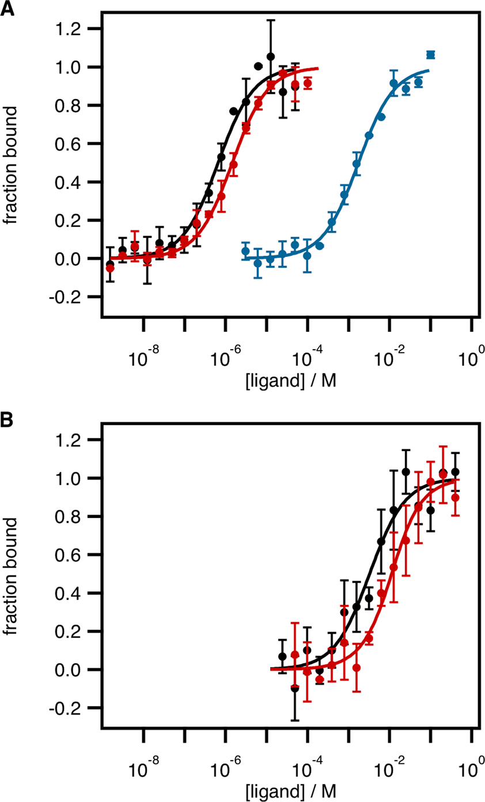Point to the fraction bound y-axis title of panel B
click(13, 574)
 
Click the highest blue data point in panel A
click(430, 55)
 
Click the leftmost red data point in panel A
click(110, 268)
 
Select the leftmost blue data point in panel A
click(245, 251)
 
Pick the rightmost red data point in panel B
click(456, 498)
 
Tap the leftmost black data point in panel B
click(282, 656)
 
